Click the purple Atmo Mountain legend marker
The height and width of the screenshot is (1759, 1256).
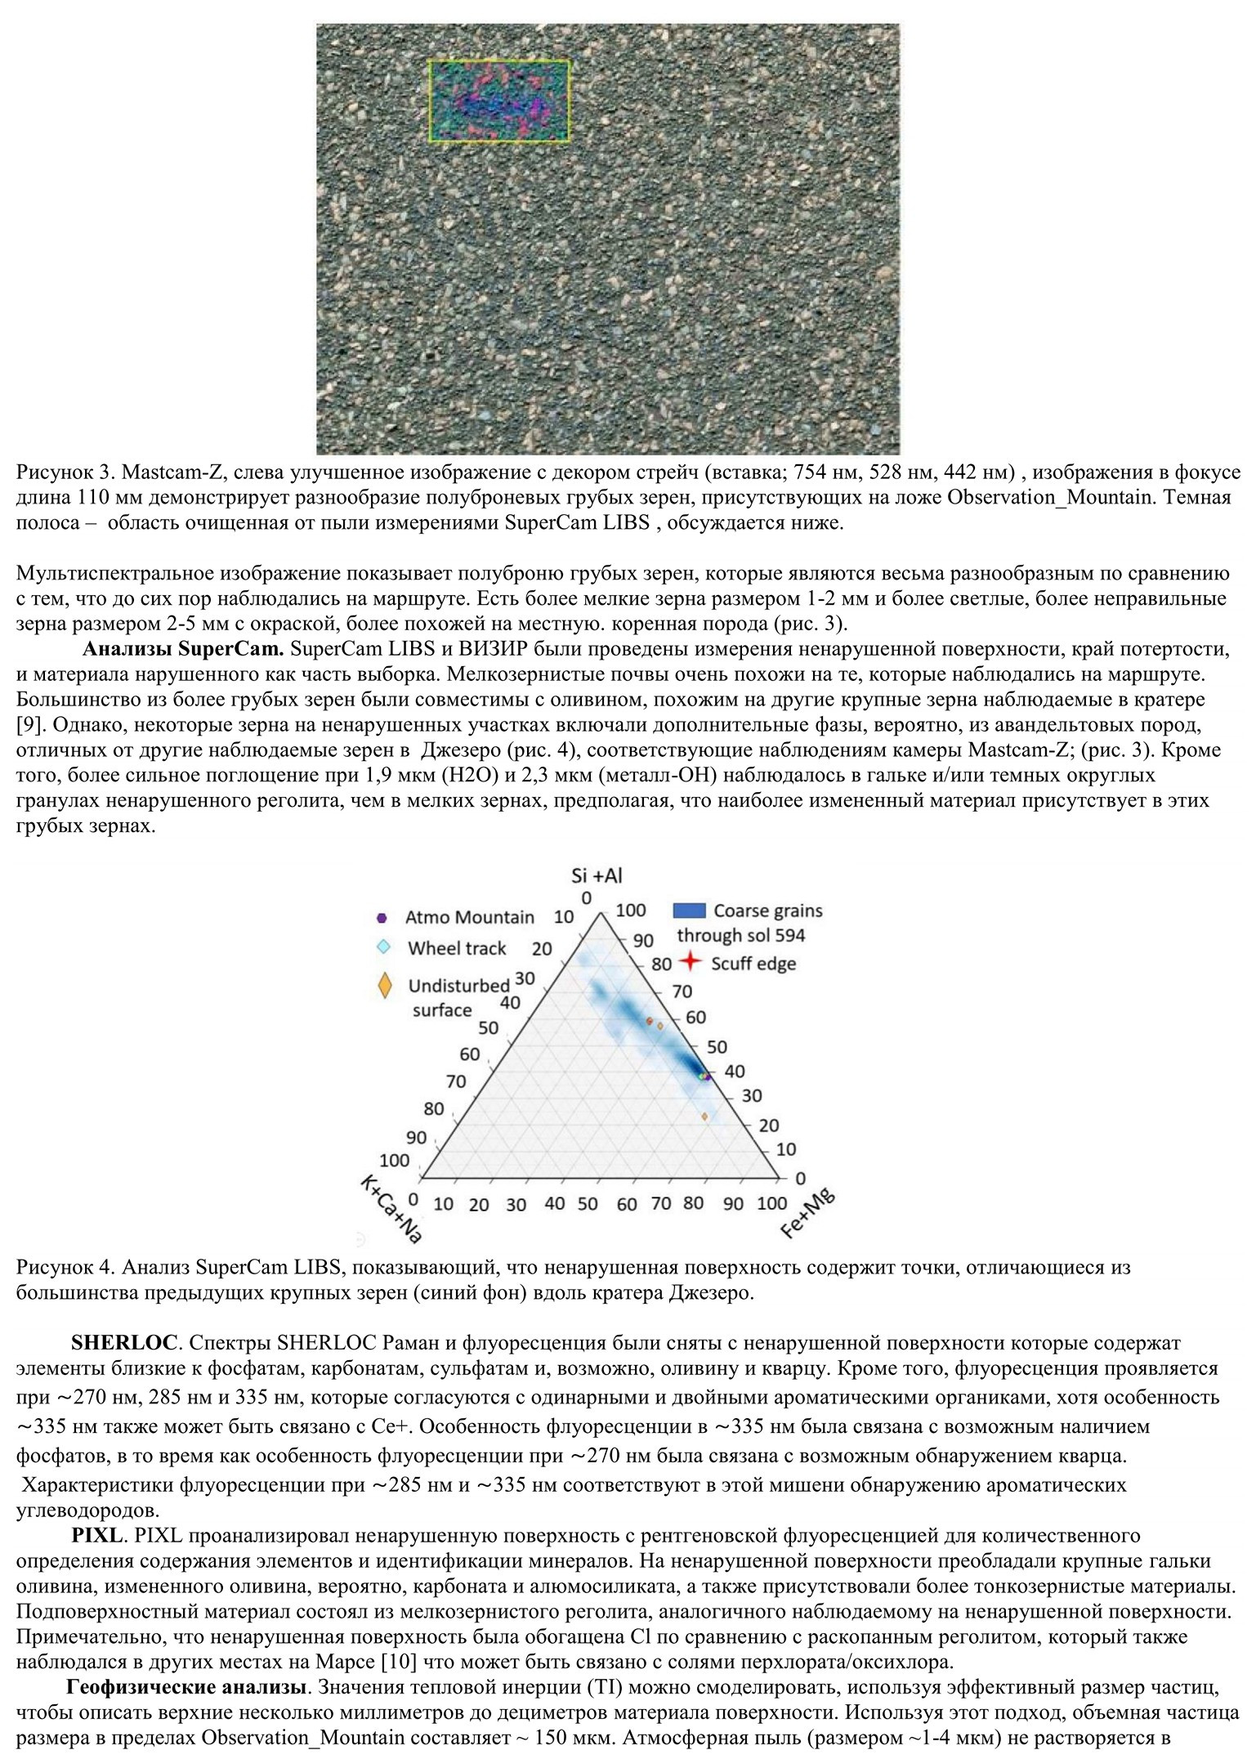point(382,917)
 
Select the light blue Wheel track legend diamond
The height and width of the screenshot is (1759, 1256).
point(382,947)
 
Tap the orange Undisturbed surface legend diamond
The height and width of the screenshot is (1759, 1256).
point(385,986)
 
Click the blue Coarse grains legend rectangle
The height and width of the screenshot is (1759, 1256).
point(689,910)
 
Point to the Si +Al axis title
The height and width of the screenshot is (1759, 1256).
point(597,875)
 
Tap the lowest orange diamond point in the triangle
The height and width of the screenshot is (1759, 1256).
point(704,1116)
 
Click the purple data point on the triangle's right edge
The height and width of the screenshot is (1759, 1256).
point(708,1078)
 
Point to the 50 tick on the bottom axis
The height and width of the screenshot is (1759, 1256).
point(588,1204)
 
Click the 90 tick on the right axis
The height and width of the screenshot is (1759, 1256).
point(644,940)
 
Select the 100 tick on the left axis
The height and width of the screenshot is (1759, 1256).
point(396,1160)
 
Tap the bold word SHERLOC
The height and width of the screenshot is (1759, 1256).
point(123,1342)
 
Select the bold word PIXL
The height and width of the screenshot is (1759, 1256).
point(96,1535)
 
